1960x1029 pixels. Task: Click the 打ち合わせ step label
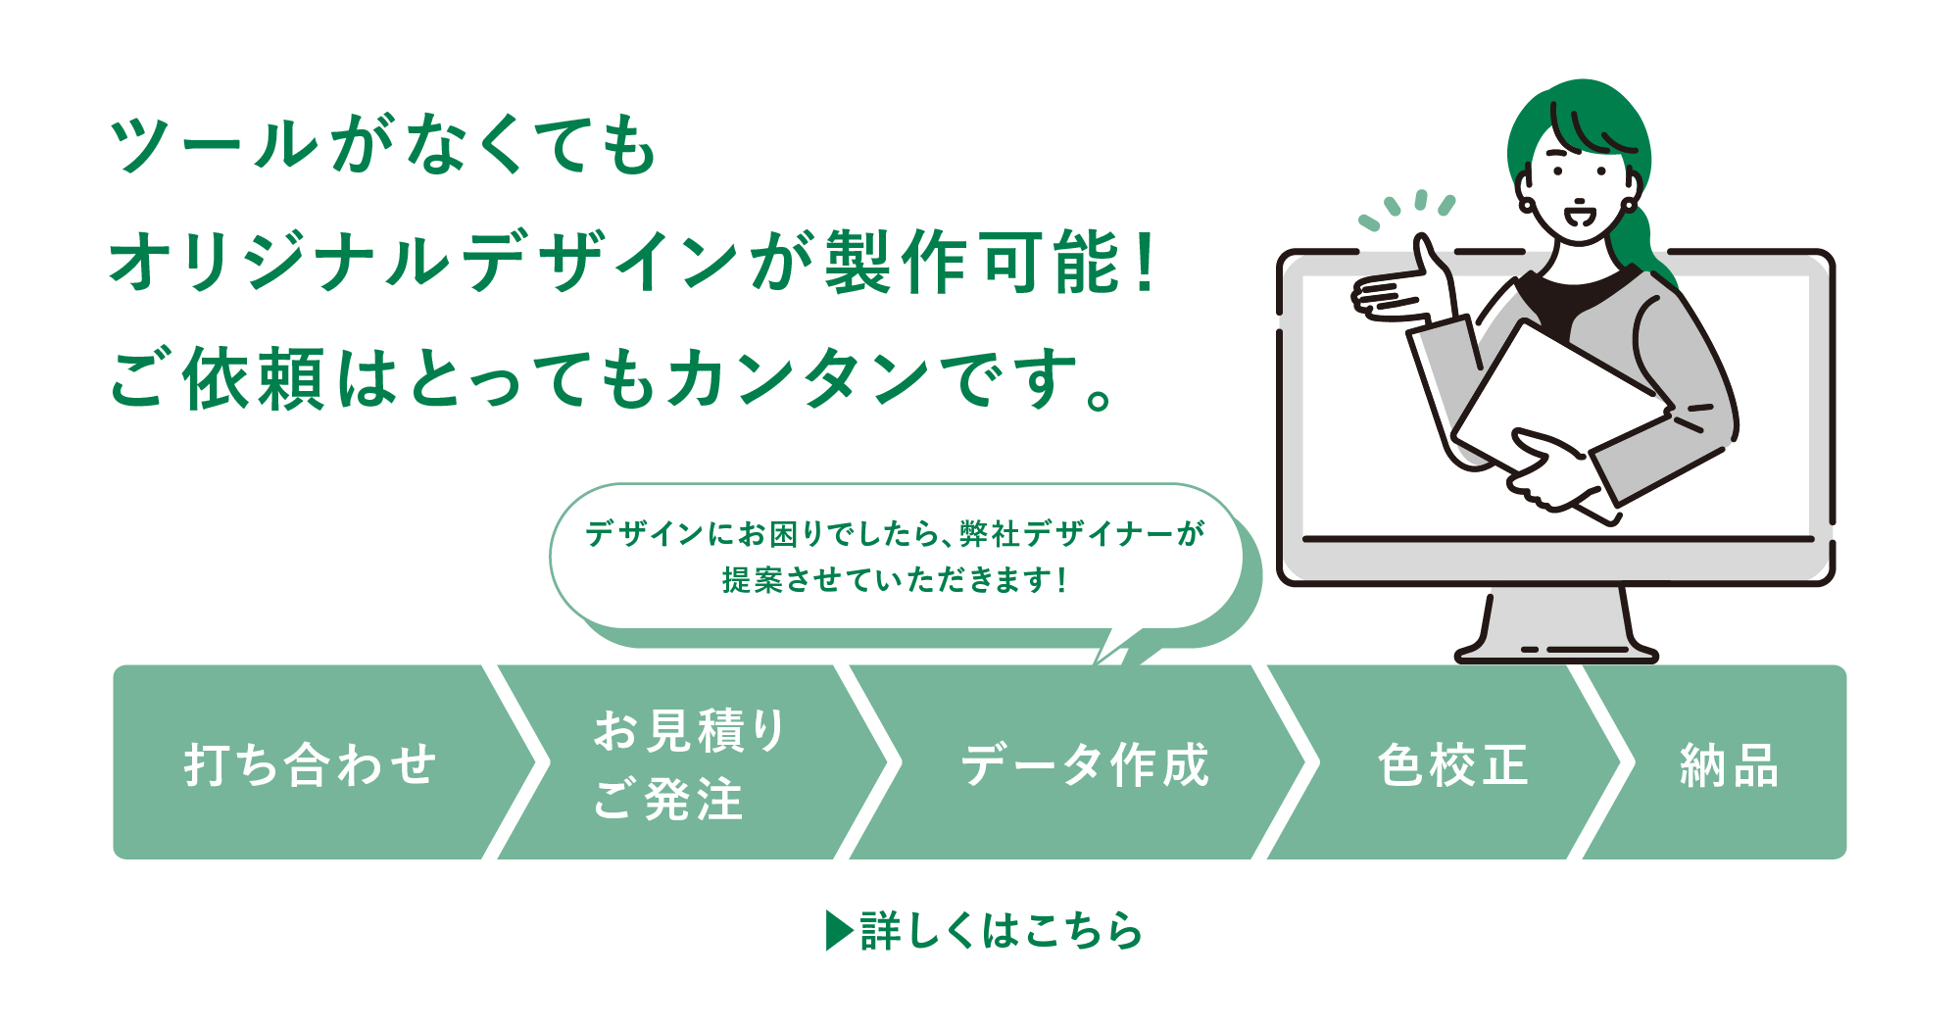(x=310, y=764)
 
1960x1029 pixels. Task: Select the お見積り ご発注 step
(x=689, y=764)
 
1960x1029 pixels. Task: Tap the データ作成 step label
(x=1085, y=764)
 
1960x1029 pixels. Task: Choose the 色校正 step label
(x=1452, y=764)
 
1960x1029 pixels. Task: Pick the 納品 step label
(x=1729, y=764)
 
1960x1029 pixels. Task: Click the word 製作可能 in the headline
(x=970, y=263)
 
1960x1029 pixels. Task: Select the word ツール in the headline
(x=215, y=145)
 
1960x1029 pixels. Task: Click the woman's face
(x=1578, y=186)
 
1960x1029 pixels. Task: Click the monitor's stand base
(x=1556, y=651)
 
